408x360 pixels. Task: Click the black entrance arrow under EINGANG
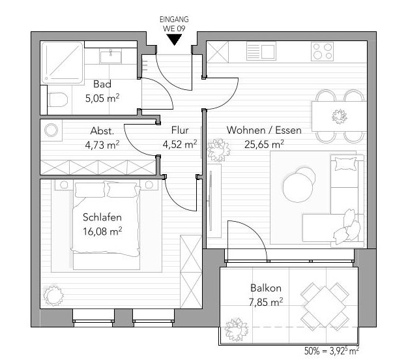(x=174, y=40)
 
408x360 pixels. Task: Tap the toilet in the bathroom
(x=58, y=100)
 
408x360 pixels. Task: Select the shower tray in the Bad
(x=62, y=63)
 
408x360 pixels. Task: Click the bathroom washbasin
(x=111, y=57)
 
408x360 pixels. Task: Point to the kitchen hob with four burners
(x=323, y=52)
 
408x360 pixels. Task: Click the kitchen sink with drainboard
(x=261, y=51)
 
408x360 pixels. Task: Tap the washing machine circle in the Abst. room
(x=51, y=130)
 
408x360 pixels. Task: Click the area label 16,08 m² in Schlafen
(x=102, y=232)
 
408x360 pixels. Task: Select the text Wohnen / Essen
(x=264, y=130)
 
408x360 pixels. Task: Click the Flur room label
(x=180, y=130)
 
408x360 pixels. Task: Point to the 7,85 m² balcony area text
(x=266, y=302)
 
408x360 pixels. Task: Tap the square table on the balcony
(x=325, y=307)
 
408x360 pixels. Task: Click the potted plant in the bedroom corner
(x=53, y=295)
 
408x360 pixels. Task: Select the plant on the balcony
(x=236, y=329)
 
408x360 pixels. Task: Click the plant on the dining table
(x=340, y=116)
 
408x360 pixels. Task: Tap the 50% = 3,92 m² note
(x=332, y=351)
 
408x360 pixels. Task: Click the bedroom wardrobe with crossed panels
(x=191, y=272)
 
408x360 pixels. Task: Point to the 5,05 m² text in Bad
(x=102, y=98)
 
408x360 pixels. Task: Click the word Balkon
(x=266, y=288)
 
